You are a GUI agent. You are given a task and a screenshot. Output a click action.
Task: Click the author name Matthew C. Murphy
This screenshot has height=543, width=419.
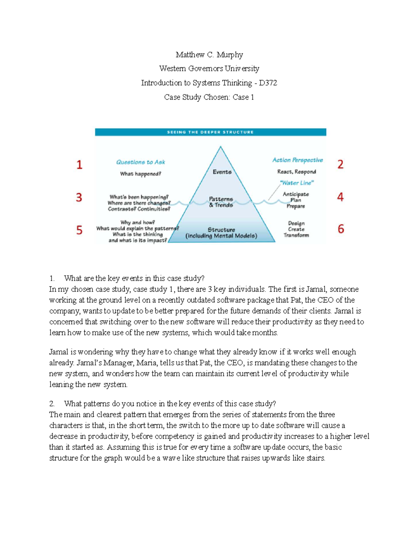pyautogui.click(x=209, y=55)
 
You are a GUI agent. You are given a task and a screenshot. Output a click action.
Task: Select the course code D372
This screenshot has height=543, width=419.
pyautogui.click(x=268, y=83)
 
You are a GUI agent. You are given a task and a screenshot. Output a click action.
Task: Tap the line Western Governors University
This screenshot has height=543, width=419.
pyautogui.click(x=209, y=69)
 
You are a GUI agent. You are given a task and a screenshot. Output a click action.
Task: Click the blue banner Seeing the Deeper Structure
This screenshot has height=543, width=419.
pyautogui.click(x=210, y=132)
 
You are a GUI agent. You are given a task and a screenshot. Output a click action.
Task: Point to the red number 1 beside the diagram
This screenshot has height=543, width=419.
pyautogui.click(x=80, y=165)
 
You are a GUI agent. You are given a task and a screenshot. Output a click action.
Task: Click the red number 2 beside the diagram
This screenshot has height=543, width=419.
pyautogui.click(x=340, y=164)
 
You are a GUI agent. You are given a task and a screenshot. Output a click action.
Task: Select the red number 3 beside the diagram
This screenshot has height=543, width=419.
pyautogui.click(x=79, y=198)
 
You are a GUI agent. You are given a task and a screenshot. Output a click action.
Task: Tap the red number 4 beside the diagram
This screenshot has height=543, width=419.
pyautogui.click(x=340, y=197)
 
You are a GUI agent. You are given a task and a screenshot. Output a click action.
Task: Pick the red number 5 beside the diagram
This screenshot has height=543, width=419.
pyautogui.click(x=80, y=230)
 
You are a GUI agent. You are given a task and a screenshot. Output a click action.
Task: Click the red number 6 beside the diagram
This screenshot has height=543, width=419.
pyautogui.click(x=341, y=229)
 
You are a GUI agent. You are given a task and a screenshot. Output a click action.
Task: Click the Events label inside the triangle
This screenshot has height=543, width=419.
pyautogui.click(x=222, y=172)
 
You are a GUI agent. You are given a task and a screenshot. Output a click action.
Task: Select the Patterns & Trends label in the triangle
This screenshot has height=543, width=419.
pyautogui.click(x=221, y=202)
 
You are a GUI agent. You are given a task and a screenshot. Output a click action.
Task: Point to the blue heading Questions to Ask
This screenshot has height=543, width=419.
pyautogui.click(x=140, y=162)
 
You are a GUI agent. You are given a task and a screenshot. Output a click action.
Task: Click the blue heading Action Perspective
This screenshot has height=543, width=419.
pyautogui.click(x=297, y=160)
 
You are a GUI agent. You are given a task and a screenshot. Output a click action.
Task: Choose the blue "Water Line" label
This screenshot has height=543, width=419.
pyautogui.click(x=297, y=183)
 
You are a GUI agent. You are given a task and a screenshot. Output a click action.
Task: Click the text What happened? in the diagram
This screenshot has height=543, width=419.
pyautogui.click(x=140, y=174)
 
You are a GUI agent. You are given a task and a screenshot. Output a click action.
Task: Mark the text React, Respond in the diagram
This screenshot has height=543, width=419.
pyautogui.click(x=296, y=172)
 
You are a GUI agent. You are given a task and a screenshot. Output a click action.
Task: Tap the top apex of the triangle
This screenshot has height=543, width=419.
pyautogui.click(x=220, y=147)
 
